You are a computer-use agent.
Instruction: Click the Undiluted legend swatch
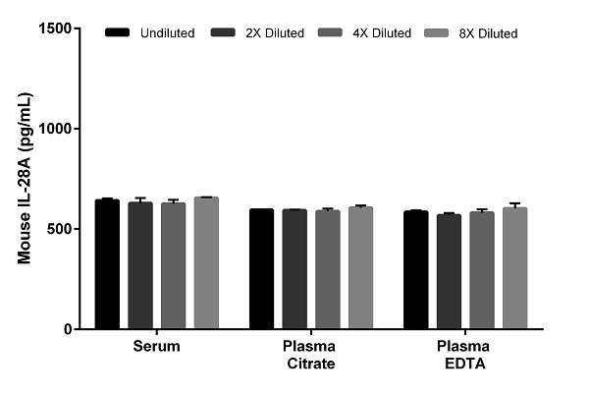tap(119, 33)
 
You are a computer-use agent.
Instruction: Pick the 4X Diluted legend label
tap(381, 33)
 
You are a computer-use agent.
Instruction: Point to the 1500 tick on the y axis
tap(82, 28)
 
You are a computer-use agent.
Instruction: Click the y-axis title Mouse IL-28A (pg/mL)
tap(24, 179)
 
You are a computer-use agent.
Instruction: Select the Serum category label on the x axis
tap(156, 347)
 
